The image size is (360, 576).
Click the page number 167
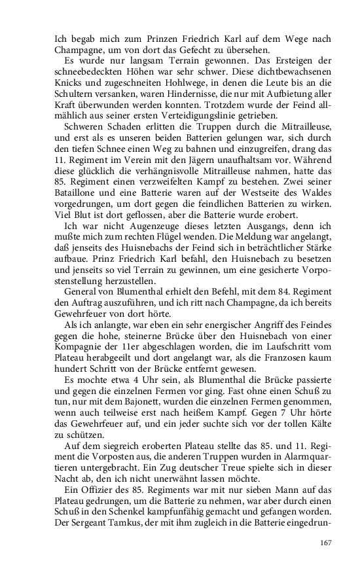[325, 543]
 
